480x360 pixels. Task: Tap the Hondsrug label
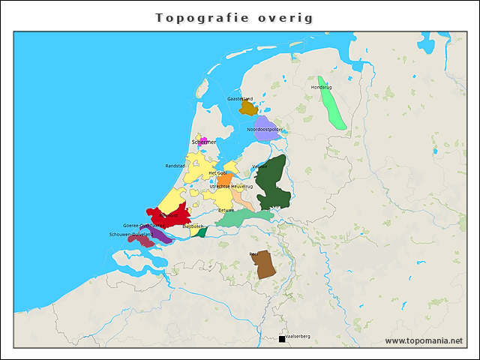click(x=321, y=87)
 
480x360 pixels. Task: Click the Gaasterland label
click(x=240, y=98)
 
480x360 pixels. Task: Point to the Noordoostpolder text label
click(x=265, y=129)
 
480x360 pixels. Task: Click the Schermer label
click(x=204, y=142)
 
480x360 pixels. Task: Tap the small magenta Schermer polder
click(x=202, y=140)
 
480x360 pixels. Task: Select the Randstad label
click(x=175, y=166)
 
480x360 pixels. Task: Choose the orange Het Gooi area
click(x=223, y=180)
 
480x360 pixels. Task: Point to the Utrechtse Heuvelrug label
click(x=231, y=186)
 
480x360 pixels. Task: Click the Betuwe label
click(x=226, y=210)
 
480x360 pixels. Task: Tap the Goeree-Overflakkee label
click(x=144, y=225)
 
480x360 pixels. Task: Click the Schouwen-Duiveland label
click(x=130, y=234)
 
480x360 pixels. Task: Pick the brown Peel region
click(x=265, y=265)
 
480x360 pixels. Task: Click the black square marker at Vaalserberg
click(x=282, y=339)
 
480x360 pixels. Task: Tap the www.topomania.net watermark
click(x=424, y=340)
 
